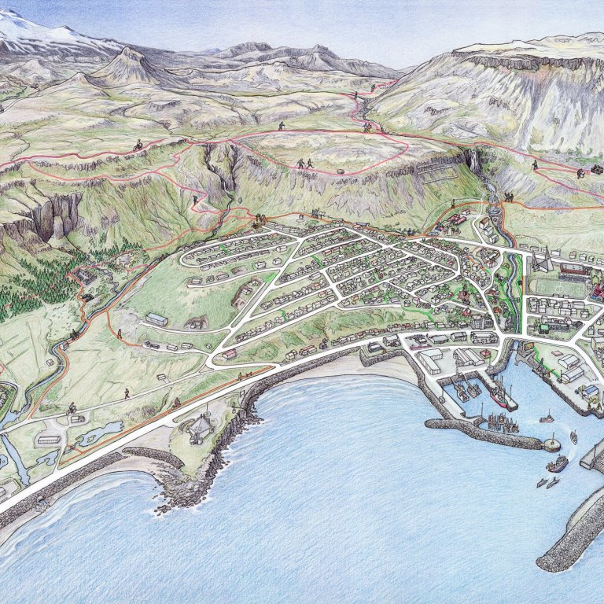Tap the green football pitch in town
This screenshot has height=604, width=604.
point(558,288)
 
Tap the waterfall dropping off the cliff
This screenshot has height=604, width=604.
point(475,161)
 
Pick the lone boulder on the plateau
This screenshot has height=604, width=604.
point(341,171)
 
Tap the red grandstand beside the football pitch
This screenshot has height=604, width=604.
point(574,271)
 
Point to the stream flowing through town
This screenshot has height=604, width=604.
point(515,291)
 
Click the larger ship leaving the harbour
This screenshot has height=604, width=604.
point(557,464)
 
